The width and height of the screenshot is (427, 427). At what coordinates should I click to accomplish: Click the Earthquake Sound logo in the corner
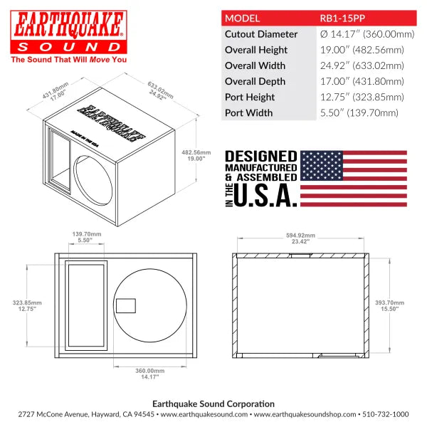click(x=68, y=31)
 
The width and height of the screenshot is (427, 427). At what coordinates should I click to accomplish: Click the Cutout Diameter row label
click(x=260, y=34)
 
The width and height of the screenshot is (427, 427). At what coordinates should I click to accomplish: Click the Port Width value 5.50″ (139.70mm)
click(x=357, y=112)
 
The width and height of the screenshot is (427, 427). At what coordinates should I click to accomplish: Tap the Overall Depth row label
click(x=255, y=81)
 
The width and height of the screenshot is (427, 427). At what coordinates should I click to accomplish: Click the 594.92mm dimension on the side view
click(x=301, y=238)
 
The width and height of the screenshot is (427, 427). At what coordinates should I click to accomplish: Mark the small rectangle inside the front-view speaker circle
click(x=126, y=305)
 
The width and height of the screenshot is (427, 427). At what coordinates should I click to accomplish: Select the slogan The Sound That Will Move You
click(x=68, y=60)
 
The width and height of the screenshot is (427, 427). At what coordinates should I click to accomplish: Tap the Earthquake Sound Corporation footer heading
click(x=213, y=401)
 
